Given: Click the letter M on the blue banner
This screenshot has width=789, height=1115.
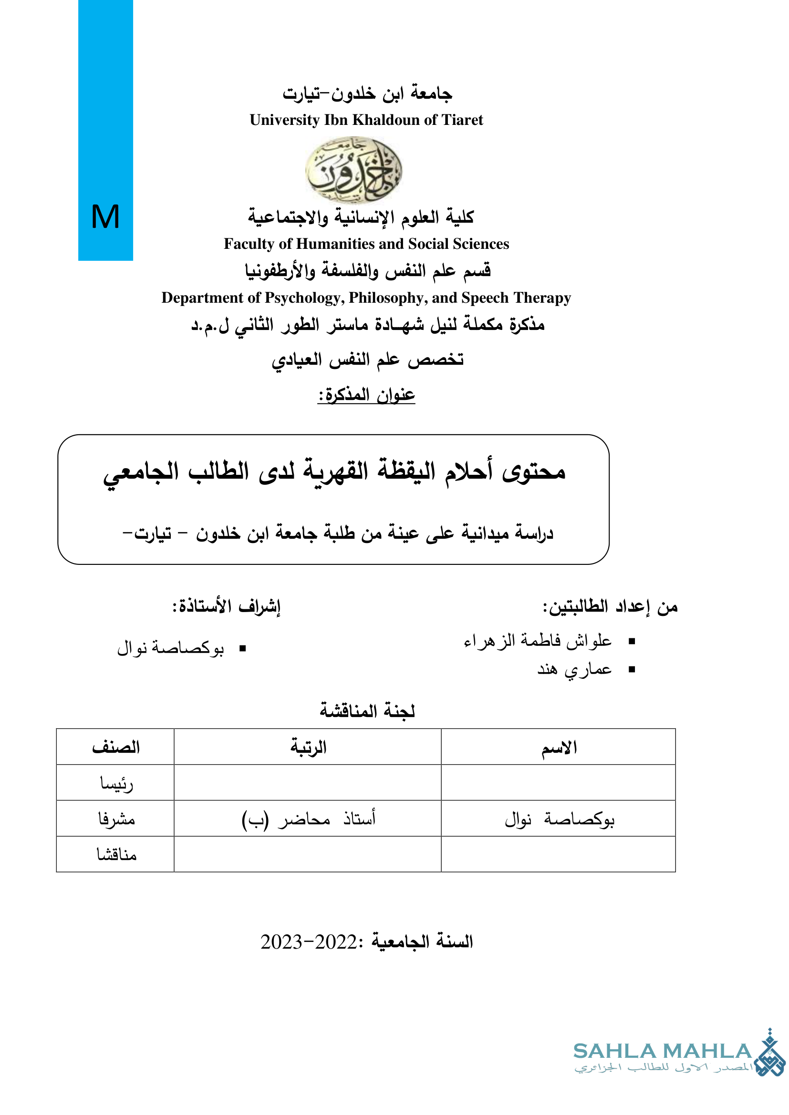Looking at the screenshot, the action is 105,216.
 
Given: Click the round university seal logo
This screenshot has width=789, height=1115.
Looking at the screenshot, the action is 353,170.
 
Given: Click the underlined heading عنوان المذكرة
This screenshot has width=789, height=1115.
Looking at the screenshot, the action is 366,394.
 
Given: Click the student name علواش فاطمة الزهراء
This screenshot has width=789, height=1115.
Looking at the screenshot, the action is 537,641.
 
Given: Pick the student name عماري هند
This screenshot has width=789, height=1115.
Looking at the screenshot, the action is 574,669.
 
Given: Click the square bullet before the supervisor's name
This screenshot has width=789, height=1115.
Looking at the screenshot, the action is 242,648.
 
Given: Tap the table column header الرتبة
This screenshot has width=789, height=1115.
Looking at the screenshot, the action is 308,747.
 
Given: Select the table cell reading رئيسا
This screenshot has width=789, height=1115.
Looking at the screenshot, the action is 116,783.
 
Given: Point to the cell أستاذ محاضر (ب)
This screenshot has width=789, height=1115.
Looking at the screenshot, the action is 308,819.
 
